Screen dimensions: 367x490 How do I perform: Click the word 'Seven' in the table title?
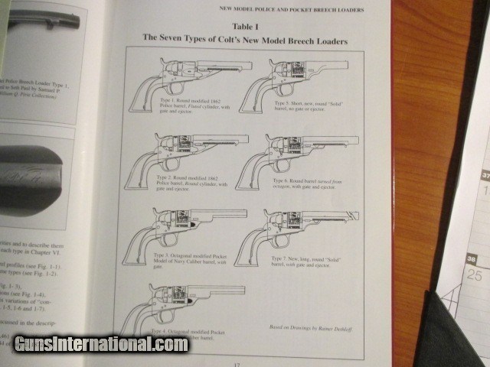coord(179,38)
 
